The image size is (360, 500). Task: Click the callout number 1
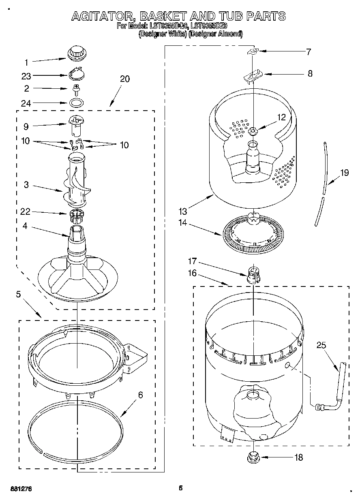point(26,62)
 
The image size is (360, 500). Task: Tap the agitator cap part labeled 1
point(76,53)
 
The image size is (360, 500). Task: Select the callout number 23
point(26,76)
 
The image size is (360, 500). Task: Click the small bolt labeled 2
point(75,88)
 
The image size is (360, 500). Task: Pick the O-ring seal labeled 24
point(75,102)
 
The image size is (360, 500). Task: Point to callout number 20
point(125,79)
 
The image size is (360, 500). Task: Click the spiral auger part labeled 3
point(77,182)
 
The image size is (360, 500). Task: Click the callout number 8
point(310,73)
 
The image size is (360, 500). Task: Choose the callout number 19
point(344,173)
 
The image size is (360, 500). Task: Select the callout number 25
point(321,345)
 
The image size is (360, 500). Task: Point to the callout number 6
point(140,395)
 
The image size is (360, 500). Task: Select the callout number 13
point(183,211)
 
